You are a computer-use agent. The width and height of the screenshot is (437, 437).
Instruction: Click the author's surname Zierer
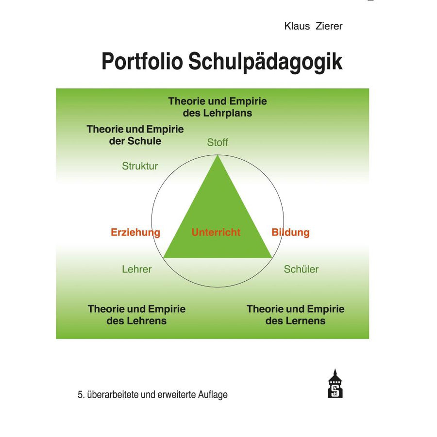(x=329, y=26)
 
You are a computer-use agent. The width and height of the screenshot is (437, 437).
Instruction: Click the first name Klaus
(x=297, y=26)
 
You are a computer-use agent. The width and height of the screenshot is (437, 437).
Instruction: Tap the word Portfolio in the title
(x=142, y=62)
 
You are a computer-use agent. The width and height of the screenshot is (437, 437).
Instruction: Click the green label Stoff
(x=218, y=142)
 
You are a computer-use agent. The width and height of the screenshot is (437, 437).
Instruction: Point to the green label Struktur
(x=140, y=166)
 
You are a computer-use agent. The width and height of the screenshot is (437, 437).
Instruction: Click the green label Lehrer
(x=137, y=269)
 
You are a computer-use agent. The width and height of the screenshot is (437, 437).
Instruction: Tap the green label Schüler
(x=301, y=269)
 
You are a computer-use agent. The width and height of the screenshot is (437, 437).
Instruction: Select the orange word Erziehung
(x=135, y=233)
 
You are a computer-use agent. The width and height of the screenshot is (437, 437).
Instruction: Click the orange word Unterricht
(x=216, y=232)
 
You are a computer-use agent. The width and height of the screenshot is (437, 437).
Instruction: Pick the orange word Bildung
(x=291, y=233)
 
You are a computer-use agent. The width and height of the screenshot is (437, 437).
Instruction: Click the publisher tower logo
(x=335, y=384)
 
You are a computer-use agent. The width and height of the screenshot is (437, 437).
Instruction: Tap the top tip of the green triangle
(x=218, y=155)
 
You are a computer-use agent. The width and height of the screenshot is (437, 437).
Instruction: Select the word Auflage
(x=213, y=395)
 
